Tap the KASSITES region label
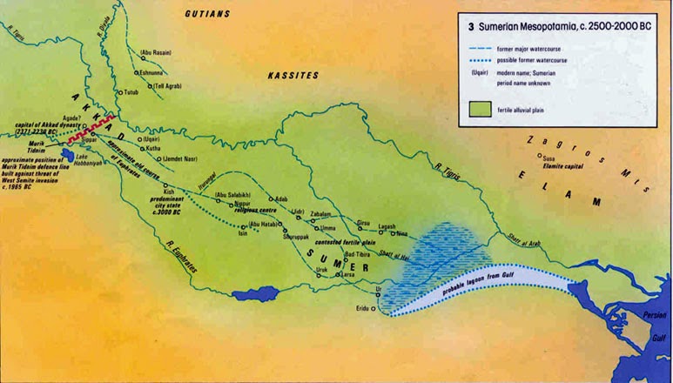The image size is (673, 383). click(293, 77)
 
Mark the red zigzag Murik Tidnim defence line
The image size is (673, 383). click(96, 129)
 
